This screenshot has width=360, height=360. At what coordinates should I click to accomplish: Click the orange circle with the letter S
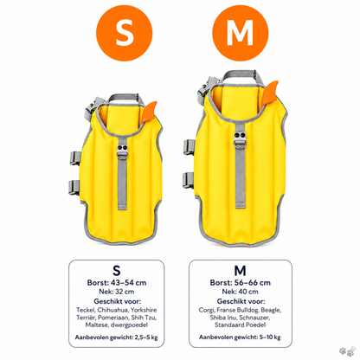click(124, 33)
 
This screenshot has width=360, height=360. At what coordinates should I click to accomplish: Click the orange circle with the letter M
click(241, 33)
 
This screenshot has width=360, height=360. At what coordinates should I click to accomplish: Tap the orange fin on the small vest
click(150, 112)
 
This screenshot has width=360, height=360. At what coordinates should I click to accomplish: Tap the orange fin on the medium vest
click(270, 92)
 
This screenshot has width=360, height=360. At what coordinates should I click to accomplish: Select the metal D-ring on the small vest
click(123, 155)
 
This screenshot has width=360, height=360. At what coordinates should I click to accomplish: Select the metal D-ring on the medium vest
click(241, 144)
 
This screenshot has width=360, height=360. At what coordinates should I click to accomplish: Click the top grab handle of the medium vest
click(240, 74)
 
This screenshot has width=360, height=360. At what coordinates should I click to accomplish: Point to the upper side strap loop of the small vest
click(74, 158)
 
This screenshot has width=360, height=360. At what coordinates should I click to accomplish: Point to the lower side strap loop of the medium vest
click(189, 180)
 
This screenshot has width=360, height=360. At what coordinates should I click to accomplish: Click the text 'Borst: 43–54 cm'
click(117, 283)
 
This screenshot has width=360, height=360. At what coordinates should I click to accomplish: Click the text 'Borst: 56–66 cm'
click(241, 283)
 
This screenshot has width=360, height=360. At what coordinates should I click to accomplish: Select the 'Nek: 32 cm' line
click(117, 292)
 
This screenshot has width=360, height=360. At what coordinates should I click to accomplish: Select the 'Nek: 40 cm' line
click(240, 292)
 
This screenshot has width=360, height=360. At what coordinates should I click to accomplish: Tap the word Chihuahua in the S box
click(112, 310)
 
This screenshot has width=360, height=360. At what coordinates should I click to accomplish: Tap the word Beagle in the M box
click(271, 310)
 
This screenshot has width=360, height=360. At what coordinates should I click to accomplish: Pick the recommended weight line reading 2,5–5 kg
click(116, 337)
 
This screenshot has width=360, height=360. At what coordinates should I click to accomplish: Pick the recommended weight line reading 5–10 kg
click(240, 337)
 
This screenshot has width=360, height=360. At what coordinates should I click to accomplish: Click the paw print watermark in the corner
click(347, 350)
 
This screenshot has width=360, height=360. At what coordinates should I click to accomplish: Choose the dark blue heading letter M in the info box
click(240, 271)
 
